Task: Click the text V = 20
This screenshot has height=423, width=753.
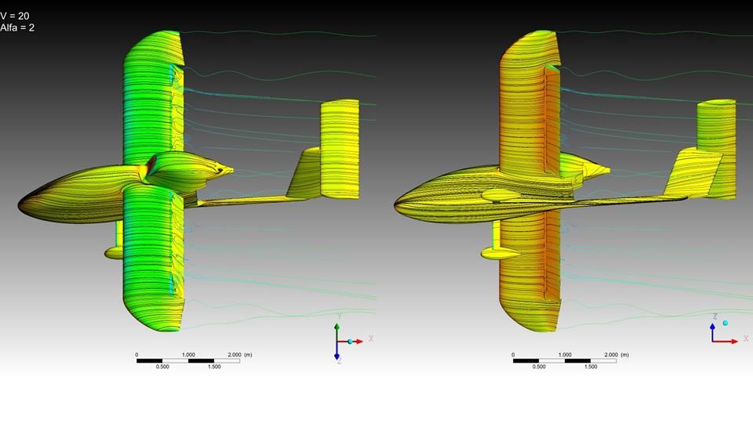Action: point(15,16)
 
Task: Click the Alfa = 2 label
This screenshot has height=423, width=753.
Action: point(17,28)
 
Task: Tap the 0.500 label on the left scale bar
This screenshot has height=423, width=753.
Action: point(162,367)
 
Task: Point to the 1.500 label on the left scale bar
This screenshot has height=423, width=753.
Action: point(214,367)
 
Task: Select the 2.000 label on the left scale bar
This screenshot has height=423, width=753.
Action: point(235,355)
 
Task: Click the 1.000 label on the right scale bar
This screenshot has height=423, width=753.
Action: point(565,355)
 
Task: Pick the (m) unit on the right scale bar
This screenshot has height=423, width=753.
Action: point(624,355)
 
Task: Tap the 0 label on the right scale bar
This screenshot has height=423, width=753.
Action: point(513,355)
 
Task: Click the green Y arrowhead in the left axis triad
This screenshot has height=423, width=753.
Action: point(337,327)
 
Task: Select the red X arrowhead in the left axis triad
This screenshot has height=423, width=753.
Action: point(359,342)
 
